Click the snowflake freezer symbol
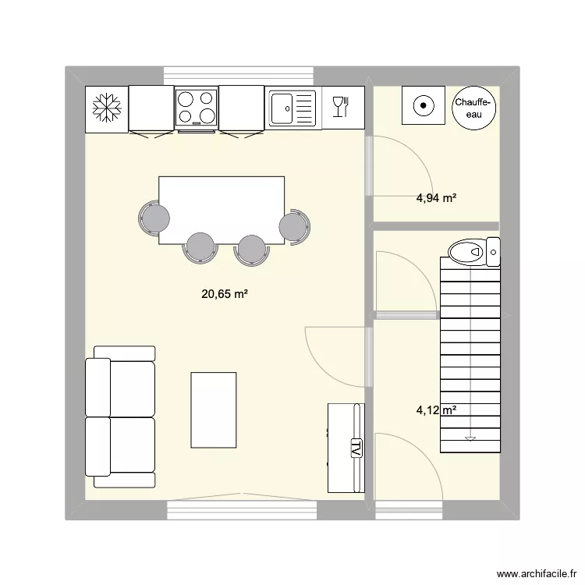click(x=107, y=108)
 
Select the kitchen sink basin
click(x=282, y=108)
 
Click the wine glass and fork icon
click(x=340, y=107)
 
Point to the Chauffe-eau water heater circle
click(x=473, y=108)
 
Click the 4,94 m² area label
click(x=436, y=198)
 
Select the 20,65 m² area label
click(x=225, y=294)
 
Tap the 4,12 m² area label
click(x=436, y=410)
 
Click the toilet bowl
click(x=467, y=252)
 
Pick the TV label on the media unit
click(x=356, y=448)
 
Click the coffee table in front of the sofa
click(x=214, y=410)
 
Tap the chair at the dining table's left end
click(x=154, y=218)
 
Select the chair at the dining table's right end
click(x=294, y=227)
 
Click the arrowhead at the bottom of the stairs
click(x=470, y=438)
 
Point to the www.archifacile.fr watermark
click(x=537, y=574)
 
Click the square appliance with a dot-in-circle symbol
click(x=424, y=105)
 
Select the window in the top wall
click(x=239, y=76)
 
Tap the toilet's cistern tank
click(x=493, y=252)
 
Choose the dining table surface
click(x=222, y=211)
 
